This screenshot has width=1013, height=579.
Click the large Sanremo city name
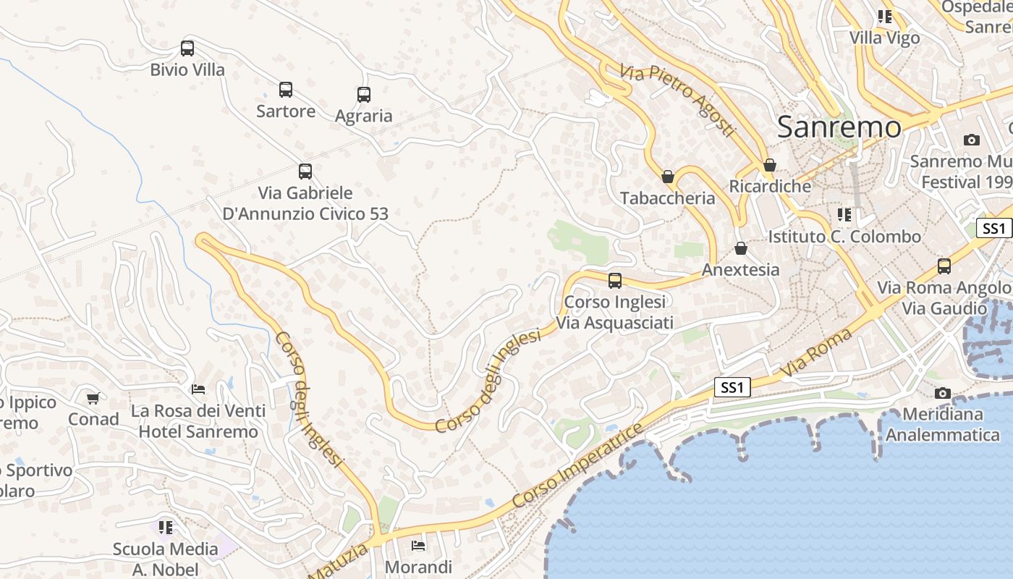[x=839, y=127]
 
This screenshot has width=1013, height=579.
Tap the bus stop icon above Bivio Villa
[x=187, y=48]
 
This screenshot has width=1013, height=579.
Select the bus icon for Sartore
[x=286, y=90]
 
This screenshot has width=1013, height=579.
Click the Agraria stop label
[x=364, y=116]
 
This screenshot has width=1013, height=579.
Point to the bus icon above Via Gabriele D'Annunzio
[x=305, y=172]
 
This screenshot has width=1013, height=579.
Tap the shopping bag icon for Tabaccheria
[x=668, y=177]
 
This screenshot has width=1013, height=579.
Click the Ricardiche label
[x=770, y=186]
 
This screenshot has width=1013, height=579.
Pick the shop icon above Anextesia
[x=741, y=248]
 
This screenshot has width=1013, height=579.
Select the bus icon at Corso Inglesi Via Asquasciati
[x=615, y=280]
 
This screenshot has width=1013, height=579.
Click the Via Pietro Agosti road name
[x=677, y=100]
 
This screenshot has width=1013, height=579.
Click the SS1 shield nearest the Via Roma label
[x=732, y=387]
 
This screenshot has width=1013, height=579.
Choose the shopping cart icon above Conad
[x=93, y=398]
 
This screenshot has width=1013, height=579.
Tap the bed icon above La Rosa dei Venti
[x=198, y=389]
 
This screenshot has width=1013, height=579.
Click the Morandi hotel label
[x=418, y=567]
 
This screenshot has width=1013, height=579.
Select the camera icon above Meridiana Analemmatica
[x=942, y=393]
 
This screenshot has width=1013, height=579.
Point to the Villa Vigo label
[x=884, y=38]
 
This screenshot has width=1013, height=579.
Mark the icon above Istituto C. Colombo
[x=844, y=215]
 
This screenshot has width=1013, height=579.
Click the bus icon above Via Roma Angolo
[x=944, y=266]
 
